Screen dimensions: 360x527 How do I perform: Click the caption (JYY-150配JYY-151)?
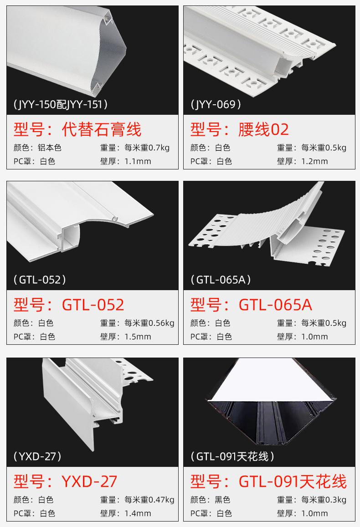(x=61, y=105)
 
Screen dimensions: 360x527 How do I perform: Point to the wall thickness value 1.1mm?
(x=138, y=161)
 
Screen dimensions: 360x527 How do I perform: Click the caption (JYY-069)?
(x=216, y=105)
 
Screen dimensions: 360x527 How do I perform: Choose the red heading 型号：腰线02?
(x=240, y=130)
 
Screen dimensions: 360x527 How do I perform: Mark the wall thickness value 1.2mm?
(x=314, y=161)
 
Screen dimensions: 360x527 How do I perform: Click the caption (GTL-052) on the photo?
(x=40, y=280)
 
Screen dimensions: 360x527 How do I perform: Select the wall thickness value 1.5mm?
(x=138, y=337)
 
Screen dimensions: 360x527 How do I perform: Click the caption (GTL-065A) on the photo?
(x=221, y=280)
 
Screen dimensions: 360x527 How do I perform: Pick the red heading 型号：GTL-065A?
(x=251, y=305)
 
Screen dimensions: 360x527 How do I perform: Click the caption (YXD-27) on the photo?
(x=37, y=456)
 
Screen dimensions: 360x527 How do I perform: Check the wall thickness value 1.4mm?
(x=138, y=513)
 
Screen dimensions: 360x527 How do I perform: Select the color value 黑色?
(x=222, y=500)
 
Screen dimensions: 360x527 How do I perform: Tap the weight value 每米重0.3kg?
(x=324, y=500)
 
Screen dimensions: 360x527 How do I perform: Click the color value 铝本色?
(x=50, y=148)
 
